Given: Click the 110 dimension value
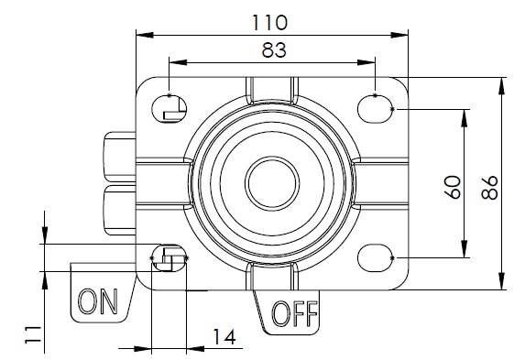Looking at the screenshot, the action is (x=269, y=22).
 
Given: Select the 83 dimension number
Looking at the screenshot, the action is (x=274, y=49).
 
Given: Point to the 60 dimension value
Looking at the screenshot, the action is (x=453, y=187).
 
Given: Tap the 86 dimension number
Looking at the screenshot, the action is (x=489, y=188).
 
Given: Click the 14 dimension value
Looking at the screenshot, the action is (x=224, y=336).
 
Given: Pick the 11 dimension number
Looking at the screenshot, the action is (x=33, y=334).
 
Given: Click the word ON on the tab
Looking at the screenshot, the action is (x=98, y=301).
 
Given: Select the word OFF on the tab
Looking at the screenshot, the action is (x=294, y=313).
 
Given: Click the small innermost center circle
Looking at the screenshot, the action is (x=272, y=183).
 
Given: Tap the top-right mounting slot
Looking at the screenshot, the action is (x=375, y=109).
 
